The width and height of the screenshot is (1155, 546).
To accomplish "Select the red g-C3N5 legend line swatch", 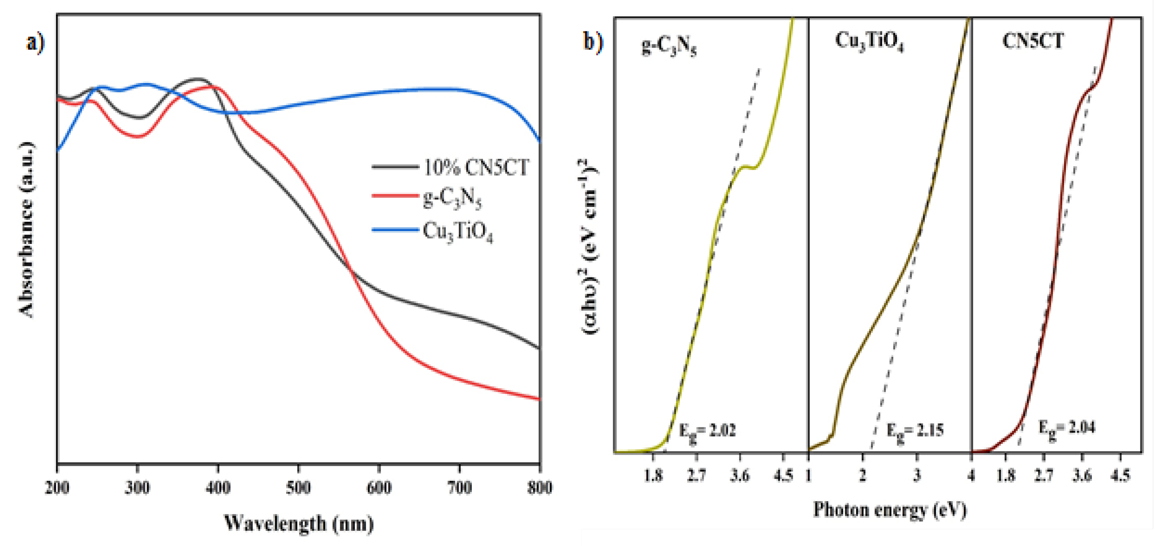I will point(395,196).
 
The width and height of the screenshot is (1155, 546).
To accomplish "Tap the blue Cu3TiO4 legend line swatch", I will point(395,230).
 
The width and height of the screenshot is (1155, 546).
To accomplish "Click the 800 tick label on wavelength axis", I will point(540,487).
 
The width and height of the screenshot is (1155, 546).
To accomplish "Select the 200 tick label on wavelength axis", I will point(57,487).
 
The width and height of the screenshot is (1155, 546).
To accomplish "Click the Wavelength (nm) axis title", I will point(299,523).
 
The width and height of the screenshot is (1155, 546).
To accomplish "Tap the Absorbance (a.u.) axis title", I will point(27,230).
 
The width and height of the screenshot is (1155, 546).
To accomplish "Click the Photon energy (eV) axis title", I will point(890,510).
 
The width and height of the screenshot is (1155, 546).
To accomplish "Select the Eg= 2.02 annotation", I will point(707,432).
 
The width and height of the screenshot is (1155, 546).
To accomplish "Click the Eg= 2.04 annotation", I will point(1067,428).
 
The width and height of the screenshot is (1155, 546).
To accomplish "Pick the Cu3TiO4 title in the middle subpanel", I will point(869,42).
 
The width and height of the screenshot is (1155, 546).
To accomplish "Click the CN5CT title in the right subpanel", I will point(1033,41).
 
